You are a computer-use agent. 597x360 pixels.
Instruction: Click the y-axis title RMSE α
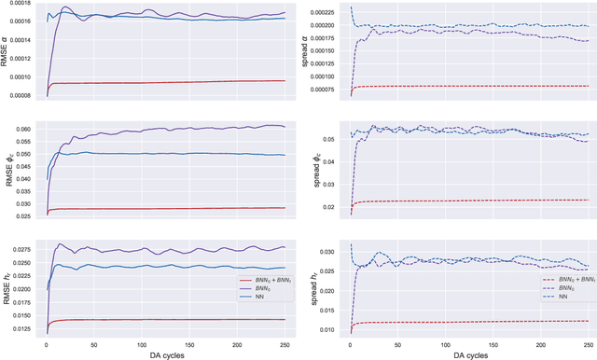click(7, 52)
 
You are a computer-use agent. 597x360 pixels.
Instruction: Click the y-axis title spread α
click(306, 52)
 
